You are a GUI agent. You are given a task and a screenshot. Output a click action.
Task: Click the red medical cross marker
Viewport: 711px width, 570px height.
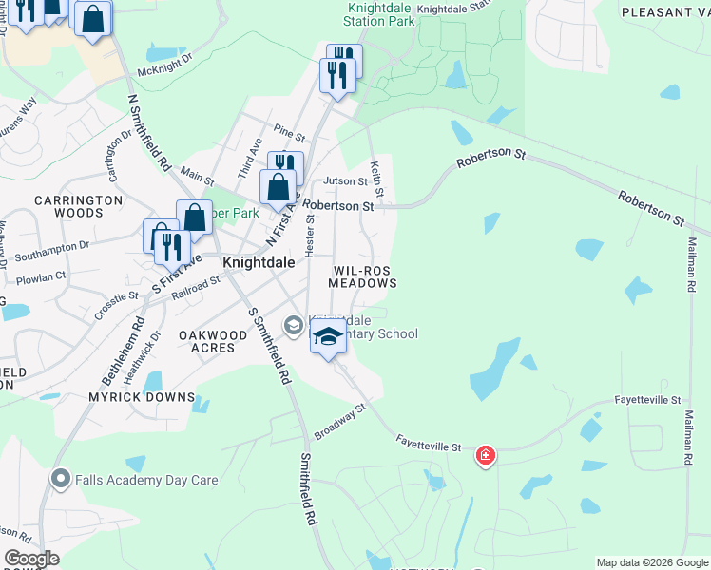point(486,457)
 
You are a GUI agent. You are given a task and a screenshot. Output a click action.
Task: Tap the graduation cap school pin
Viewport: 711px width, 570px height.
point(328,338)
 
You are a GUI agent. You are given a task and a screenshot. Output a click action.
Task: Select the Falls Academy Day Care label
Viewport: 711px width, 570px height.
point(147,480)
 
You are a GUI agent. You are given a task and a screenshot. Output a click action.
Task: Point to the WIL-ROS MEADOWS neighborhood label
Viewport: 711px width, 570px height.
point(362,276)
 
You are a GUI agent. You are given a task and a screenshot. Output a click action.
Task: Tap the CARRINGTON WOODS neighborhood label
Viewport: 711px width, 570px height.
point(79,207)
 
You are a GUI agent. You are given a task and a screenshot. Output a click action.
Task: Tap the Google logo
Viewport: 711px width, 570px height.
point(31,558)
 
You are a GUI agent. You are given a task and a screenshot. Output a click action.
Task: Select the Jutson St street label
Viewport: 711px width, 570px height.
point(345,180)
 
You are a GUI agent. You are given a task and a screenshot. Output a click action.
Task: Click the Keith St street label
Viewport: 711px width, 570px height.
point(377,179)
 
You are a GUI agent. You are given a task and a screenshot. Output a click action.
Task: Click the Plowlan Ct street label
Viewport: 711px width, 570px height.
point(42,276)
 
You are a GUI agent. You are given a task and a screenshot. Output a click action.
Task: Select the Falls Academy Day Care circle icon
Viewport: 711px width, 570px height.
point(63,479)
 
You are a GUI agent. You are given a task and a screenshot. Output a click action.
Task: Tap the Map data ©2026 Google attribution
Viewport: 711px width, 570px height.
point(652,562)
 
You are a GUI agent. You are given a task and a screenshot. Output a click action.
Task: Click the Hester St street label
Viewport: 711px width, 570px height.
point(309,234)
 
